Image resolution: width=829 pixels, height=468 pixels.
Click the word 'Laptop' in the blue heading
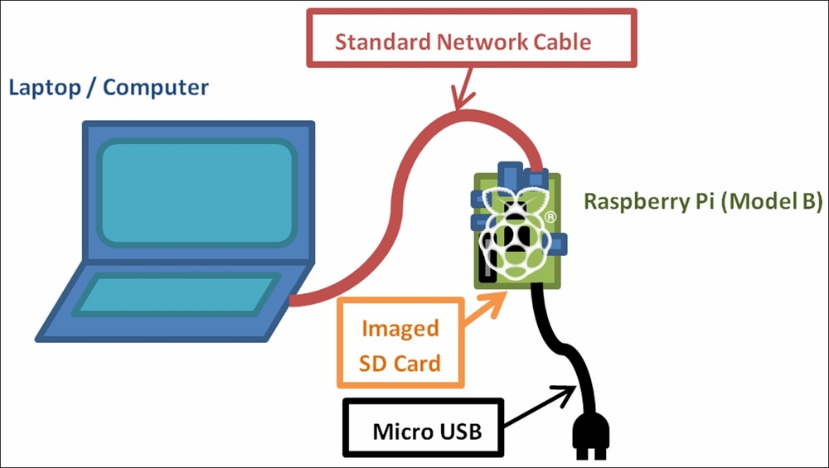click(x=45, y=88)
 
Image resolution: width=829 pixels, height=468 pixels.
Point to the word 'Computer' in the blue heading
click(x=156, y=88)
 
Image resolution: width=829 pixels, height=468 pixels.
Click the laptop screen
click(x=196, y=193)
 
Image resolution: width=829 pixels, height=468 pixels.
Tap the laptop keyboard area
click(x=176, y=294)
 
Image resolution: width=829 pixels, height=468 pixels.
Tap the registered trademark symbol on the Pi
click(x=550, y=216)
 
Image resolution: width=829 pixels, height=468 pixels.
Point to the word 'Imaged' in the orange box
click(x=400, y=329)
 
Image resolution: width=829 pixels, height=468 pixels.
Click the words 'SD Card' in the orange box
click(x=400, y=364)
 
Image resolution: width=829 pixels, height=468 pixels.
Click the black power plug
click(x=591, y=435)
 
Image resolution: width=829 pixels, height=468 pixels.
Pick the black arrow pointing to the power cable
click(x=540, y=406)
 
